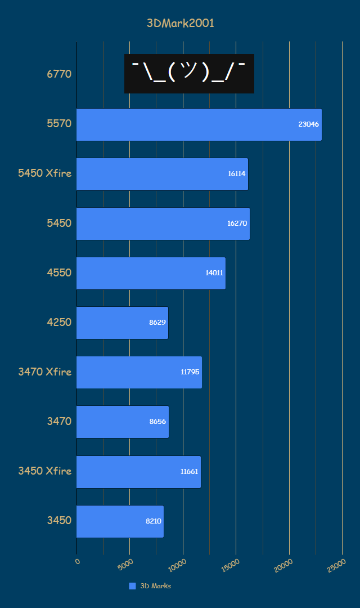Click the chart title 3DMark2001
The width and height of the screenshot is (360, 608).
pyautogui.click(x=180, y=23)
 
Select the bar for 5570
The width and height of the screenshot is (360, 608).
pyautogui.click(x=199, y=124)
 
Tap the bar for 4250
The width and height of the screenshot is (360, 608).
pyautogui.click(x=122, y=323)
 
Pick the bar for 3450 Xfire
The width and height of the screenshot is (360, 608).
pyautogui.click(x=138, y=472)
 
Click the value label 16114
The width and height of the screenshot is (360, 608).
pyautogui.click(x=236, y=174)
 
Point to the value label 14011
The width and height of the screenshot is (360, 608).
pyautogui.click(x=214, y=273)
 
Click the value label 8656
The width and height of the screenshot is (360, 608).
pyautogui.click(x=157, y=422)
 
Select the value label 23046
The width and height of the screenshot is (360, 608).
pyautogui.click(x=309, y=124)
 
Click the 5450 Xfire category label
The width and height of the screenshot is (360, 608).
pyautogui.click(x=45, y=173)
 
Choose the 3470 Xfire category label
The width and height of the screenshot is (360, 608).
pyautogui.click(x=45, y=372)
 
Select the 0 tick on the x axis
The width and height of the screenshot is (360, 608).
pyautogui.click(x=77, y=561)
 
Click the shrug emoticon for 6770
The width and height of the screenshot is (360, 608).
pyautogui.click(x=189, y=74)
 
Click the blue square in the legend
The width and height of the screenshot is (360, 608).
pyautogui.click(x=132, y=586)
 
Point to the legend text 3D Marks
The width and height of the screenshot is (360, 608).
pyautogui.click(x=155, y=586)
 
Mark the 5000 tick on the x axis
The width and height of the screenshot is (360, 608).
pyautogui.click(x=126, y=564)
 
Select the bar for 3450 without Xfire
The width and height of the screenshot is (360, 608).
pyautogui.click(x=120, y=521)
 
